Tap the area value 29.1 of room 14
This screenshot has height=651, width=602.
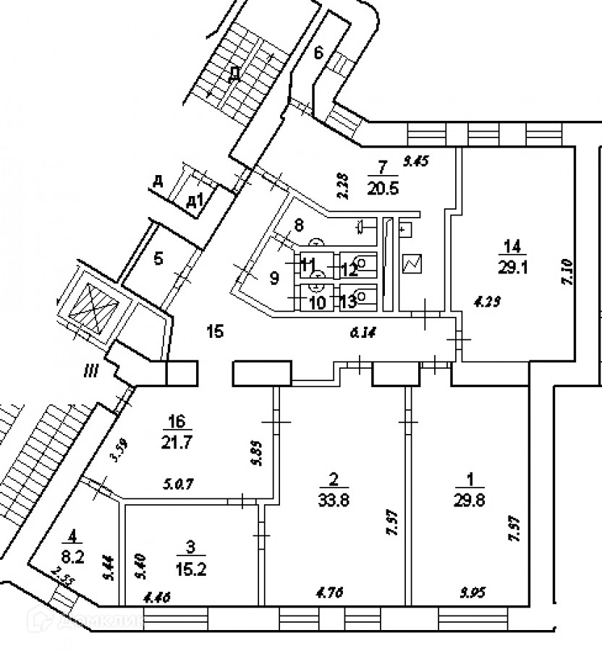click(509, 265)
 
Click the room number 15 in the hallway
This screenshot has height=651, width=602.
click(215, 332)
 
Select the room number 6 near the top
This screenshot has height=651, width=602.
click(318, 52)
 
